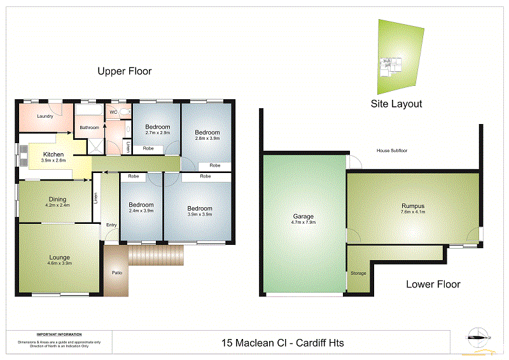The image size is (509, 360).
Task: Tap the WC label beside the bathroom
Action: coord(113,113)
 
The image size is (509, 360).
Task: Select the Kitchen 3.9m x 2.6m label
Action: coord(53,157)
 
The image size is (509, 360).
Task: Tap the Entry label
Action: coord(111,225)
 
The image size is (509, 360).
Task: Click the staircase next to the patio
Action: coord(156,256)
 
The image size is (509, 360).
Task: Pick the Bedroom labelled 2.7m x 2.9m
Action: coord(157,130)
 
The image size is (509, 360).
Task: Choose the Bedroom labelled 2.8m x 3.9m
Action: coord(207,135)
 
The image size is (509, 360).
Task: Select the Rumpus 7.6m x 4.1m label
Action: coord(413,209)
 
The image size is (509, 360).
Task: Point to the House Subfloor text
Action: coord(392,151)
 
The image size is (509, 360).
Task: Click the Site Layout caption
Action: coord(396,104)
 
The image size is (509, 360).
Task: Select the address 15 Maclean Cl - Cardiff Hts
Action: coord(282,343)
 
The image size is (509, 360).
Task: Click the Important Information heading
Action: coord(59,335)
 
